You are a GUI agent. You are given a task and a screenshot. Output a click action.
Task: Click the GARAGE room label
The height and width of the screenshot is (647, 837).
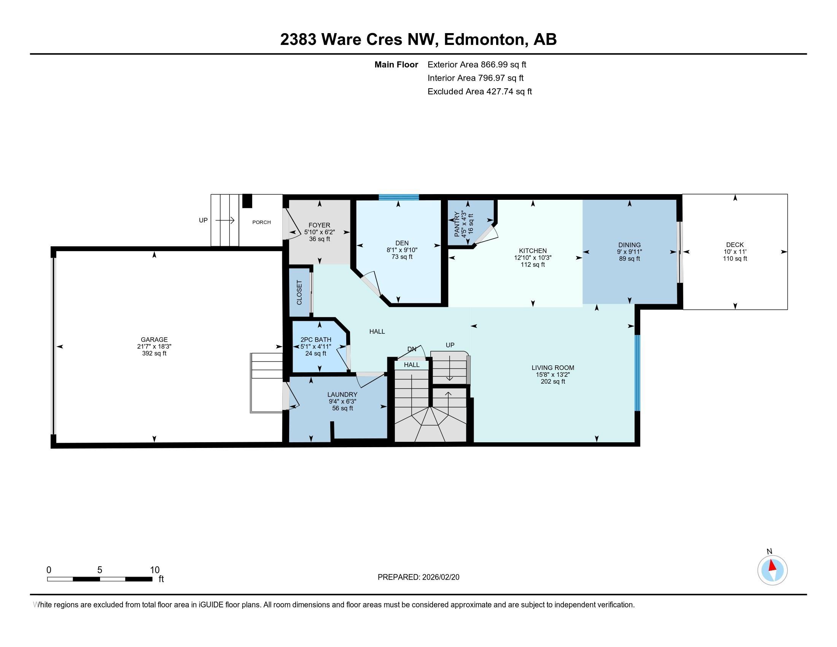(154, 339)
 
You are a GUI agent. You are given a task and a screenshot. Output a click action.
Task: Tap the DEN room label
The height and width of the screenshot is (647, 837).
(402, 243)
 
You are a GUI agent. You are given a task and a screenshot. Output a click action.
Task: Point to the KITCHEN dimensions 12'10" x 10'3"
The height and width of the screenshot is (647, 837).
(532, 258)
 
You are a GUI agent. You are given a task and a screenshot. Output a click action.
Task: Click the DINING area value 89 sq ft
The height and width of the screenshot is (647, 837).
(629, 259)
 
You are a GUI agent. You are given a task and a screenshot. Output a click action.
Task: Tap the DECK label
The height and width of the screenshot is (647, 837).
(735, 245)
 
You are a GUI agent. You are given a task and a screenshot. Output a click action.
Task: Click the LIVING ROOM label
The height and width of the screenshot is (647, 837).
(553, 368)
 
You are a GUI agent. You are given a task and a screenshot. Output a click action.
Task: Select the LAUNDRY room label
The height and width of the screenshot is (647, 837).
(342, 394)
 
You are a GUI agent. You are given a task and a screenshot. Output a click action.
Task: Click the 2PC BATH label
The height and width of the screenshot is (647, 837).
(315, 339)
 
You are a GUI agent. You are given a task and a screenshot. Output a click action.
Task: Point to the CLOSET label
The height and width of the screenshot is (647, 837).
(299, 292)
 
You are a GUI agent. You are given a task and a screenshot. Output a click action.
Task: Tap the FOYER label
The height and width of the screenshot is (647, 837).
(319, 225)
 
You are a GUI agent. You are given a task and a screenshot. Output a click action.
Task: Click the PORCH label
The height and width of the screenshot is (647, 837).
(261, 222)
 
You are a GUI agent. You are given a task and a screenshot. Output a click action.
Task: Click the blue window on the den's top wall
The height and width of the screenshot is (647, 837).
(399, 198)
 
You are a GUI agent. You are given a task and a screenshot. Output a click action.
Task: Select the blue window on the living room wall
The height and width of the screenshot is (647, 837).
(637, 373)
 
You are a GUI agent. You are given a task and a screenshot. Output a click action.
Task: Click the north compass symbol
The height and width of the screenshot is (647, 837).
(772, 570)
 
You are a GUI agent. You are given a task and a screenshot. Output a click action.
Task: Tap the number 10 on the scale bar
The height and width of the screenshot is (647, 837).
(154, 570)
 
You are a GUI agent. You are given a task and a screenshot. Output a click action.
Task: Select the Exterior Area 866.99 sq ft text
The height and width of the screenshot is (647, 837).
(477, 64)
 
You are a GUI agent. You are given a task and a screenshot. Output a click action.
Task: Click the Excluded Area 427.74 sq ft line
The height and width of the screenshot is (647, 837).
(479, 91)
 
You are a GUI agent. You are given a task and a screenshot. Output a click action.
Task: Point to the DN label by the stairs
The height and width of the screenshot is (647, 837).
(412, 349)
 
